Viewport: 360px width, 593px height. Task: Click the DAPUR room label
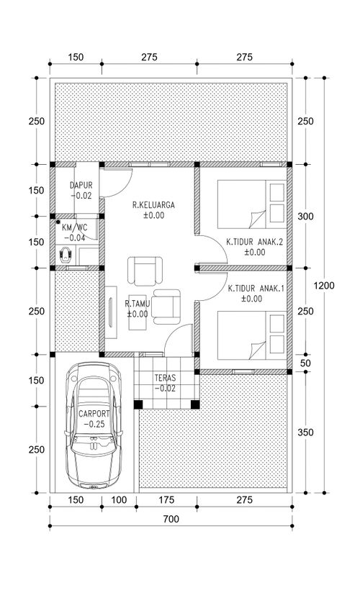pyautogui.click(x=81, y=186)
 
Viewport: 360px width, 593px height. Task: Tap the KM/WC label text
pyautogui.click(x=75, y=227)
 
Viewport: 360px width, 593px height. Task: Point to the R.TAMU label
pyautogui.click(x=138, y=303)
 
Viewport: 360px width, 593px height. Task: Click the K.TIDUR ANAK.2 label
pyautogui.click(x=255, y=242)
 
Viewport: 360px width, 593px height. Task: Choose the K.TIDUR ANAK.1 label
pyautogui.click(x=256, y=289)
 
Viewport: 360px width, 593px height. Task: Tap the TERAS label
pyautogui.click(x=165, y=377)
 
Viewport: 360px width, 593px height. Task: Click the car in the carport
pyautogui.click(x=94, y=425)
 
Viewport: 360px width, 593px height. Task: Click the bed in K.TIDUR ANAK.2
pyautogui.click(x=252, y=204)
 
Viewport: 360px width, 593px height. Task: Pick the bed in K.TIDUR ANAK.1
pyautogui.click(x=252, y=335)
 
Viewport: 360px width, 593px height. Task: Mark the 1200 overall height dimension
pyautogui.click(x=324, y=285)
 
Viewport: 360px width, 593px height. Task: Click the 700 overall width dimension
pyautogui.click(x=171, y=519)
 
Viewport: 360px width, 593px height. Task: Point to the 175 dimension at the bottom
pyautogui.click(x=166, y=500)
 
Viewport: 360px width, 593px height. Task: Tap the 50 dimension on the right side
pyautogui.click(x=305, y=363)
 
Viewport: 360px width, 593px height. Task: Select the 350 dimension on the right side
pyautogui.click(x=305, y=433)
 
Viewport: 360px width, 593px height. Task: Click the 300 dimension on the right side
pyautogui.click(x=305, y=217)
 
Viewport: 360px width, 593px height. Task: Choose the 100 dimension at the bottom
pyautogui.click(x=120, y=500)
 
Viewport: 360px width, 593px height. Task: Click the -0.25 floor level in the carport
pyautogui.click(x=94, y=425)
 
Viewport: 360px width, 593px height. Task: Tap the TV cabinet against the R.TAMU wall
pyautogui.click(x=111, y=312)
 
